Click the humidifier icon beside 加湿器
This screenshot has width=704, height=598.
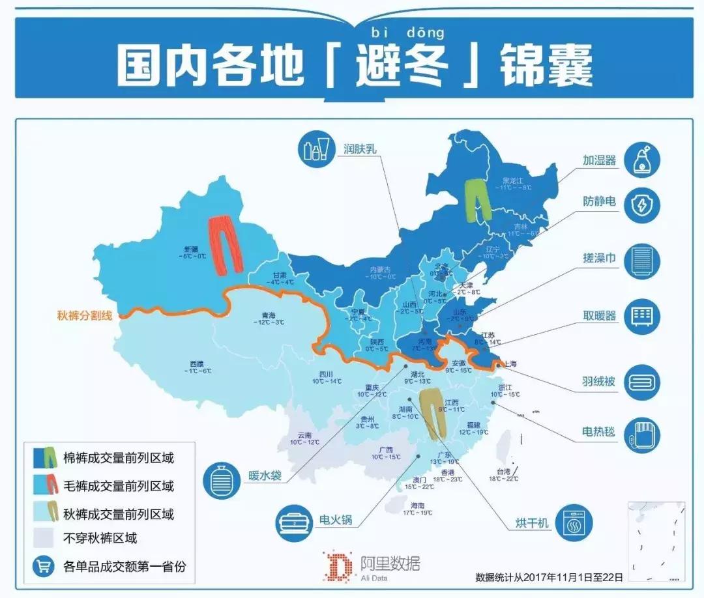pyautogui.click(x=643, y=160)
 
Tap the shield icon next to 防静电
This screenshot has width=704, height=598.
pyautogui.click(x=643, y=206)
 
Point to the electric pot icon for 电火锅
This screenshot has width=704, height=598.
pyautogui.click(x=293, y=520)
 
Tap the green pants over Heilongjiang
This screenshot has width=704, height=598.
pyautogui.click(x=478, y=198)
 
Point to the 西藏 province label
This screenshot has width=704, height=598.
pyautogui.click(x=196, y=367)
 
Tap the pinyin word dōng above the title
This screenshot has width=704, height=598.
pyautogui.click(x=428, y=31)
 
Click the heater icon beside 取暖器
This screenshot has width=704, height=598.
pyautogui.click(x=643, y=317)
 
